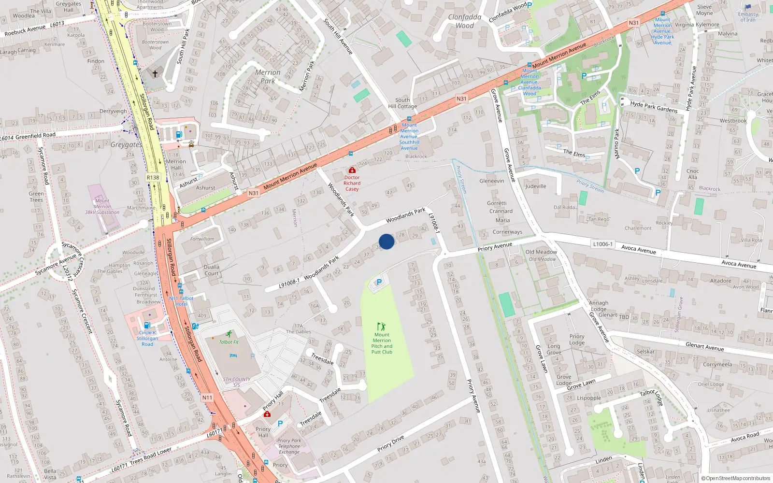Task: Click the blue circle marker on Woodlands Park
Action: [386, 241]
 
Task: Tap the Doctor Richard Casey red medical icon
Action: [352, 170]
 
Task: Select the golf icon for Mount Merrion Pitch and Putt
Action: [382, 327]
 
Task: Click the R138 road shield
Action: [153, 177]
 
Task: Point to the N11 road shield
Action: [207, 398]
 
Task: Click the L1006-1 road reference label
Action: [602, 244]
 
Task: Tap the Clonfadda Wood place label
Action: [465, 21]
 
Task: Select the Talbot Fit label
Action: [229, 342]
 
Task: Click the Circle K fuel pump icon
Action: [147, 325]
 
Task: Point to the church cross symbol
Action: [155, 74]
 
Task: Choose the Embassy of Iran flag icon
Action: [748, 7]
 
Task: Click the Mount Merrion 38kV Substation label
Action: [102, 206]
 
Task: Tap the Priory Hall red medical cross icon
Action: [267, 414]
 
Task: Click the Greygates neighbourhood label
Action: [126, 144]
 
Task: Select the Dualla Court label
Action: [212, 270]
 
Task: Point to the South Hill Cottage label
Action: [402, 103]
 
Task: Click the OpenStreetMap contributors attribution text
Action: [736, 479]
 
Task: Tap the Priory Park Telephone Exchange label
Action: [289, 446]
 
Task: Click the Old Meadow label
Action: [541, 252]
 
